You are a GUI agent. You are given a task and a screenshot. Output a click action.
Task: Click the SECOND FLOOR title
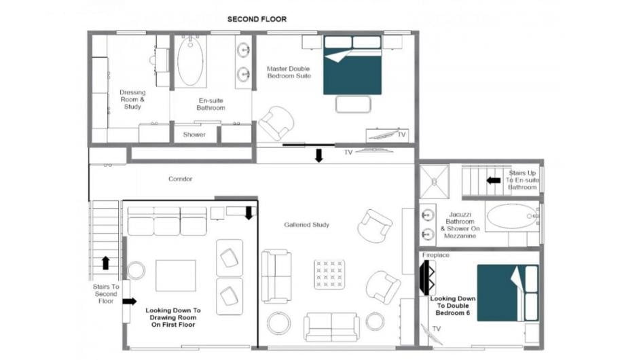257,19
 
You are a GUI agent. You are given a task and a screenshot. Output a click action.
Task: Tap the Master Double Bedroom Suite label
289,72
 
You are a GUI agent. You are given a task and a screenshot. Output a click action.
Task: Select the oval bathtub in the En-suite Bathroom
190,62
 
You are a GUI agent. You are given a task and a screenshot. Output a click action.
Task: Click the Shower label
194,134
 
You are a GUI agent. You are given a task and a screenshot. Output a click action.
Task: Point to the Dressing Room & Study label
132,99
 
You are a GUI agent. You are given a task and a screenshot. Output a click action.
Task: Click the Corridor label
180,179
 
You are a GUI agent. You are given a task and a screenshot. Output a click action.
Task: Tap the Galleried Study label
306,225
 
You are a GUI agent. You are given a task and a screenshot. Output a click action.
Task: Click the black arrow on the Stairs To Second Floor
105,263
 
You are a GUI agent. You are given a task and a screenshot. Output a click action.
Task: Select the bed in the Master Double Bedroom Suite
352,65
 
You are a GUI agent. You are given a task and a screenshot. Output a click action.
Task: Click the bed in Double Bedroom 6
508,293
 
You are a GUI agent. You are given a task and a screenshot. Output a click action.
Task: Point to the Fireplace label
436,255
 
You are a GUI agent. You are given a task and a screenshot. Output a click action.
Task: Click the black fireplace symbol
426,277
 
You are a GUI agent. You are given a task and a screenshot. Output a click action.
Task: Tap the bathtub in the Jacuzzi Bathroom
512,217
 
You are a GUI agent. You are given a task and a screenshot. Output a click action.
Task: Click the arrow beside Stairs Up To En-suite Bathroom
494,180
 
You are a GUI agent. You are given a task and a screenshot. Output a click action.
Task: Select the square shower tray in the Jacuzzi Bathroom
435,181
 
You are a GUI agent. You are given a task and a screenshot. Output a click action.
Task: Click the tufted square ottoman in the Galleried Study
330,274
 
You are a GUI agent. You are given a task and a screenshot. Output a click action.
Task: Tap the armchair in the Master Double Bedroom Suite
276,123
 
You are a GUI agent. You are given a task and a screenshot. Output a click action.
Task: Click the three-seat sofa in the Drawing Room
167,221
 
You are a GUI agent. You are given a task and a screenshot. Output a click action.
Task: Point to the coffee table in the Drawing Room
176,276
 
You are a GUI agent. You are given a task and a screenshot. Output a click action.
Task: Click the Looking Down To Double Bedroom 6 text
452,306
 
